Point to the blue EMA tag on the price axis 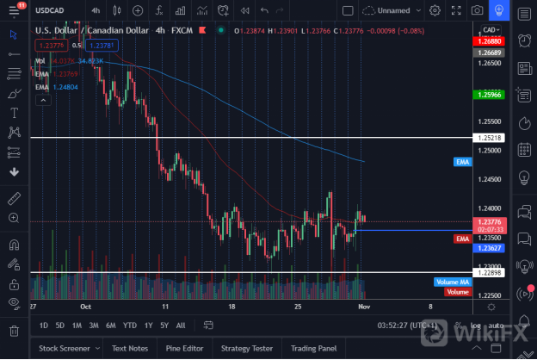[462, 161]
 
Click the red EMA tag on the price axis [462, 239]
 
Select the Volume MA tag [452, 282]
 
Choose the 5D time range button [60, 326]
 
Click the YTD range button [129, 326]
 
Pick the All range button [180, 326]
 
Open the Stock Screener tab [65, 348]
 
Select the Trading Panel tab [315, 348]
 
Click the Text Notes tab [126, 348]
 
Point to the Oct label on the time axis [85, 306]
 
